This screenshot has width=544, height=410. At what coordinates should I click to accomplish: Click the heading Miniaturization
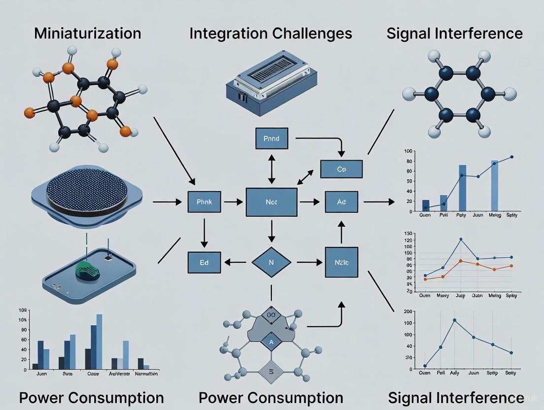[x=87, y=34]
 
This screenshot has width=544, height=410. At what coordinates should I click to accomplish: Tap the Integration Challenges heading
[x=271, y=34]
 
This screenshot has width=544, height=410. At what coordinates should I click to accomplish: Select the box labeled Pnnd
[x=271, y=138]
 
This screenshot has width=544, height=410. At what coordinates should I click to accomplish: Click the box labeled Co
[x=341, y=169]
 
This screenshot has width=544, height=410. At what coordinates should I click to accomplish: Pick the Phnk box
[x=204, y=202]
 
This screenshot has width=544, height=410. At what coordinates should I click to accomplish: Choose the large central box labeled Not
[x=272, y=202]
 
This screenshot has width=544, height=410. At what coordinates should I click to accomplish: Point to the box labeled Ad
[x=341, y=202]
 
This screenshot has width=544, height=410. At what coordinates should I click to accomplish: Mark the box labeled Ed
[x=204, y=262]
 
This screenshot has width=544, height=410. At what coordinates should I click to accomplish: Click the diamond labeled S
[x=271, y=372]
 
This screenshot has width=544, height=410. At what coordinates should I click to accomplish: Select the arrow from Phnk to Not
[x=234, y=202]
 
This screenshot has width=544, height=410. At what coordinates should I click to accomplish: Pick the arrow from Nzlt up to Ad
[x=341, y=232]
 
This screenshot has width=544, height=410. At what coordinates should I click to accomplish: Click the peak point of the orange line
[x=461, y=261]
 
